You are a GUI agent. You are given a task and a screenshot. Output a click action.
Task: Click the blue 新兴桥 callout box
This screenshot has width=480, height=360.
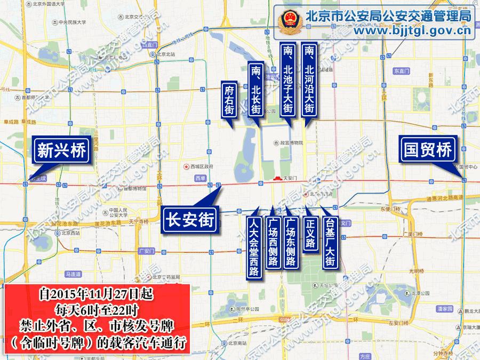point(61,151)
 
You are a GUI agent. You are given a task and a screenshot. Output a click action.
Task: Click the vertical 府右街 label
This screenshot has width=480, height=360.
point(229,100)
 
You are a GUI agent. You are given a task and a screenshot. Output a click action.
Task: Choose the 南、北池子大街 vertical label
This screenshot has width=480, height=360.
point(288,79)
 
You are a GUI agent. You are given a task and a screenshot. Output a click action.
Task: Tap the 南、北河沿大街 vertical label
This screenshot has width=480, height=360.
point(309,79)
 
